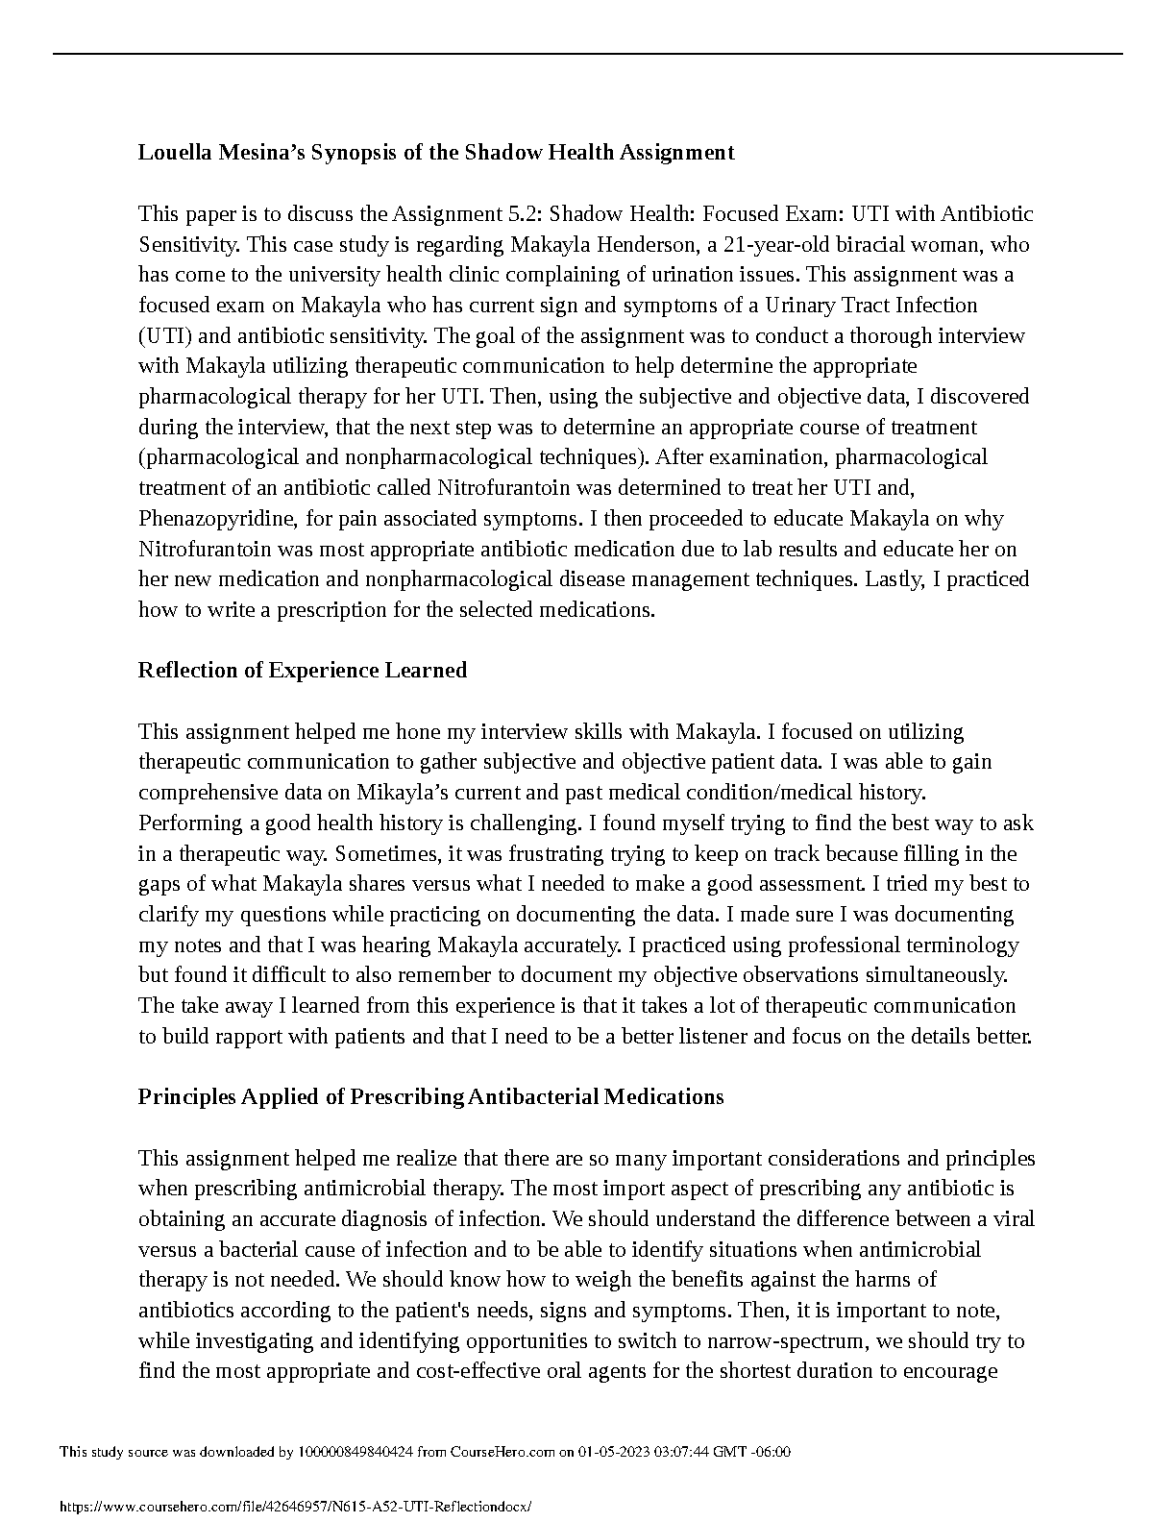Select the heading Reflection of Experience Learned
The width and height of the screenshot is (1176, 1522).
coord(303,670)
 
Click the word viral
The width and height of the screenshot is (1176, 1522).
coord(1012,1218)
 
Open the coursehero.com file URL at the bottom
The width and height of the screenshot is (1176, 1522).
coord(294,1508)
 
